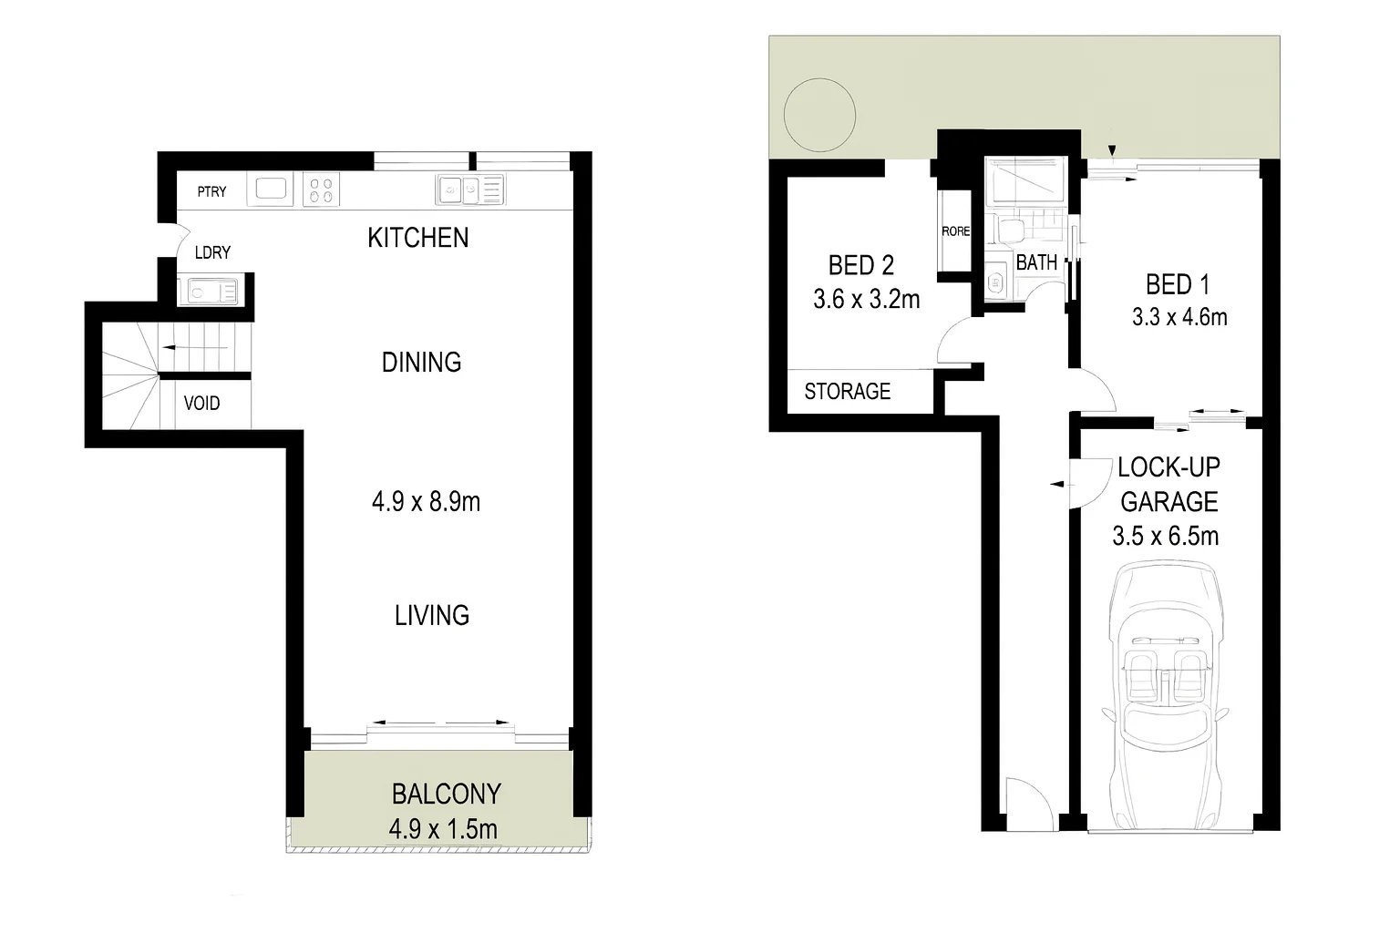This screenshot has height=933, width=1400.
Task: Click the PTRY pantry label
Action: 211,191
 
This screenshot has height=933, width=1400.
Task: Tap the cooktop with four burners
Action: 321,190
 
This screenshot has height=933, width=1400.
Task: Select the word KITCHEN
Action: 418,238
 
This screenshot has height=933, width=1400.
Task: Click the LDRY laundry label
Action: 212,252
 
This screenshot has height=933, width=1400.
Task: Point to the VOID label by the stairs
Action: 201,403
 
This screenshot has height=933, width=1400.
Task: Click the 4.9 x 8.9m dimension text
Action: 426,501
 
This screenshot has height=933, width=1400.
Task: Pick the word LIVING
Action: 432,616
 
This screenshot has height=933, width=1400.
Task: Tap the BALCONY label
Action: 446,794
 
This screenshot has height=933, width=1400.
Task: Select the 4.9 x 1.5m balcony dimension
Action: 443,829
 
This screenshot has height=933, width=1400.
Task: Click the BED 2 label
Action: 860,265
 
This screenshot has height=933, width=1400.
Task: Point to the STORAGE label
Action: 847,392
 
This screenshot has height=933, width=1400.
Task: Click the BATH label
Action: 1036,262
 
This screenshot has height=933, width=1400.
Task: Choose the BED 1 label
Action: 1178,284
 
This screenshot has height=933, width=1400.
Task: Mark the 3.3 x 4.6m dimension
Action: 1179,317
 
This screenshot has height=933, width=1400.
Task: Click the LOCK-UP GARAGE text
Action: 1168,484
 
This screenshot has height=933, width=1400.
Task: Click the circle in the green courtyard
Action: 819,115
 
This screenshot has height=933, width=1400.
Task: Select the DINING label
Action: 421,363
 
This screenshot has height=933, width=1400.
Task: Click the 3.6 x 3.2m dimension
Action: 866,298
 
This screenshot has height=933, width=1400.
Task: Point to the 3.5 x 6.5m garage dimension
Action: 1165,535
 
